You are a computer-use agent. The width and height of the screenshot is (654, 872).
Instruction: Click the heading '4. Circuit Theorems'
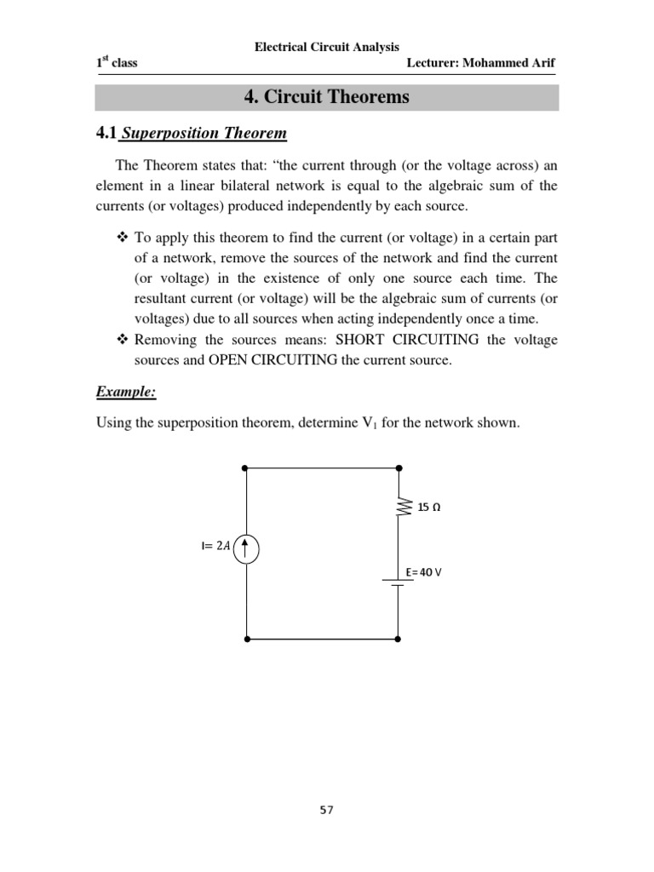point(326,97)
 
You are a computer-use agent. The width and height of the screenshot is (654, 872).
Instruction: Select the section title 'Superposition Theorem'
point(205,134)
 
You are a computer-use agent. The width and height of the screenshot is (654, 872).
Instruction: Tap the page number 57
point(326,810)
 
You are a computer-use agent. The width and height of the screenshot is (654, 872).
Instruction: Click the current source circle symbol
point(246,547)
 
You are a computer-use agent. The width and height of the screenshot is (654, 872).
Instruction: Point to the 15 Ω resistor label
point(428,508)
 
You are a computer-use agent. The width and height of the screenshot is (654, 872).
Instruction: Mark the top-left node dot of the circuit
point(246,468)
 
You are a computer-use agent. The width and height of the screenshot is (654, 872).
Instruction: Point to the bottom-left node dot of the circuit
point(246,638)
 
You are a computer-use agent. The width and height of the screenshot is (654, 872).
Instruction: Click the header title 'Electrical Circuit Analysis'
point(327,47)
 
